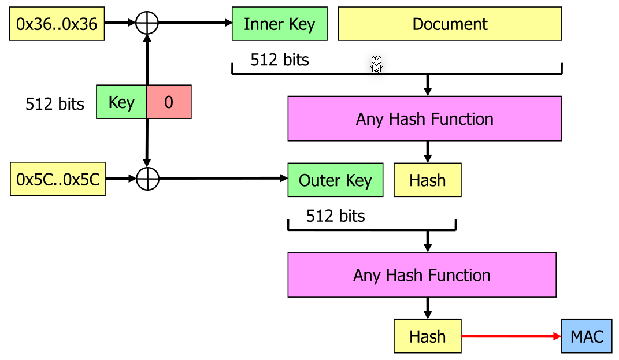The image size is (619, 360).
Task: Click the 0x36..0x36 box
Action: click(57, 24)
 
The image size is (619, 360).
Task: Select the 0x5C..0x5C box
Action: click(58, 179)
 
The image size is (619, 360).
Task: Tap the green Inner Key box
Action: click(279, 24)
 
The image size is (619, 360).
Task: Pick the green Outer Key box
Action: click(335, 180)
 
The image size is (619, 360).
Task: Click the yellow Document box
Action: click(450, 24)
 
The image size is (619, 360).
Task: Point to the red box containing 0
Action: click(169, 102)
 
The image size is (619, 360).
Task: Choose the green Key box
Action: click(121, 102)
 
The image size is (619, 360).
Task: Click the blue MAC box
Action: click(587, 336)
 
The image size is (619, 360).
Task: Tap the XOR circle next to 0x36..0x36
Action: click(147, 23)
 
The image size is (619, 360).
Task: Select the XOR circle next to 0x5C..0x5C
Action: click(147, 179)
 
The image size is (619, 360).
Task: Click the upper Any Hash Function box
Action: click(424, 119)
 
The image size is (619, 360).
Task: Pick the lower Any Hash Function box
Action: click(421, 274)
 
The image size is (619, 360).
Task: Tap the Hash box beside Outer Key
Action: click(427, 180)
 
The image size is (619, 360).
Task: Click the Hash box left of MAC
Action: click(427, 336)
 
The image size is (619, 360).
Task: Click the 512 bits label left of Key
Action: click(55, 104)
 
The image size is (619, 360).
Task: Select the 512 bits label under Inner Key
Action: click(280, 60)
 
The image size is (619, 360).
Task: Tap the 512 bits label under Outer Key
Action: click(336, 216)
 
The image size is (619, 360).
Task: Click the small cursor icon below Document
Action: click(376, 65)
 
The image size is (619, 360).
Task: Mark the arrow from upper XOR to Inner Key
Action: click(194, 23)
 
